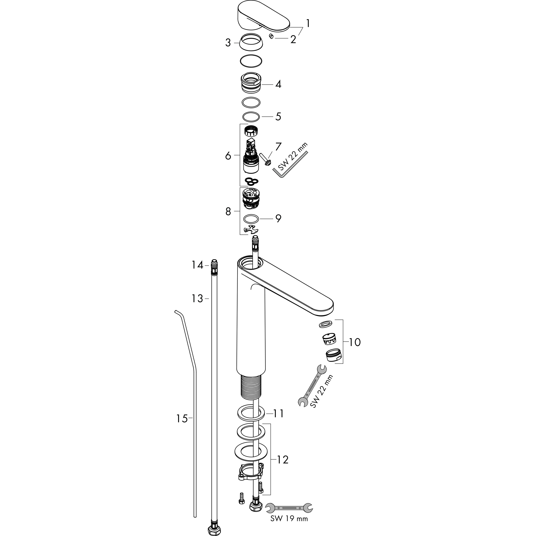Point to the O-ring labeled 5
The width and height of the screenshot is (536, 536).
(x=251, y=117)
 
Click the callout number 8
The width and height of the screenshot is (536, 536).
(x=228, y=212)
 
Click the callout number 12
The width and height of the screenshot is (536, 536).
(x=283, y=460)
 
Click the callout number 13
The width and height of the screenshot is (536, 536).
(x=197, y=299)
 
